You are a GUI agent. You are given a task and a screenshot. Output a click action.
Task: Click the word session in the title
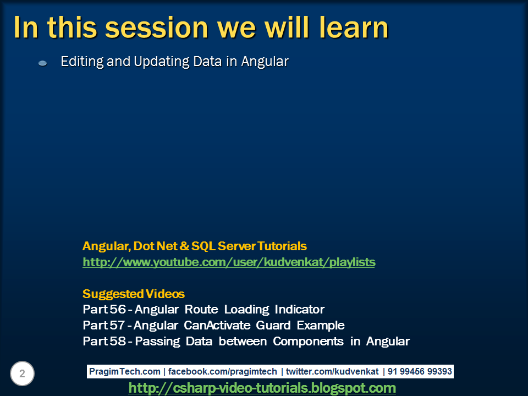148,28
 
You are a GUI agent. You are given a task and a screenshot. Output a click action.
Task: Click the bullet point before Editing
42,64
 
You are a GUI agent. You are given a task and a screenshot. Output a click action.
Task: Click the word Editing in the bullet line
82,62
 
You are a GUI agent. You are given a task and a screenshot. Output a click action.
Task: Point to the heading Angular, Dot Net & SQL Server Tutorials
194,246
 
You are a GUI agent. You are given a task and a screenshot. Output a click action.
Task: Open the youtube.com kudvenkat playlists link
229,262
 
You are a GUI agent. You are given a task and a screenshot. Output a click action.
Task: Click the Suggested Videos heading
133,294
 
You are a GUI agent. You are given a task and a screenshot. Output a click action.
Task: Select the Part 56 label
104,309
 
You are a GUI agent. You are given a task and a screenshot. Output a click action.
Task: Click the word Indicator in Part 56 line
300,309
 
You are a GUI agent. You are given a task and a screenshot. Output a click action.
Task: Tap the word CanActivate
218,325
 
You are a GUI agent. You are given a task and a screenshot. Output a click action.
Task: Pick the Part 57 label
104,325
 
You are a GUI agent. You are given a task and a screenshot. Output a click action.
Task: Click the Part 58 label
104,341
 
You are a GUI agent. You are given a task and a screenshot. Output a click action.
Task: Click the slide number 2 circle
22,374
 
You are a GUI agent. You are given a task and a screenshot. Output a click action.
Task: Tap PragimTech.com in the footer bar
125,372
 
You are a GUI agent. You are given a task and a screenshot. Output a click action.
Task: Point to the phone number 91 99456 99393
420,372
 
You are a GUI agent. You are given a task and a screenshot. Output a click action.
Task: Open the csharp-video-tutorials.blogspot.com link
262,388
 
